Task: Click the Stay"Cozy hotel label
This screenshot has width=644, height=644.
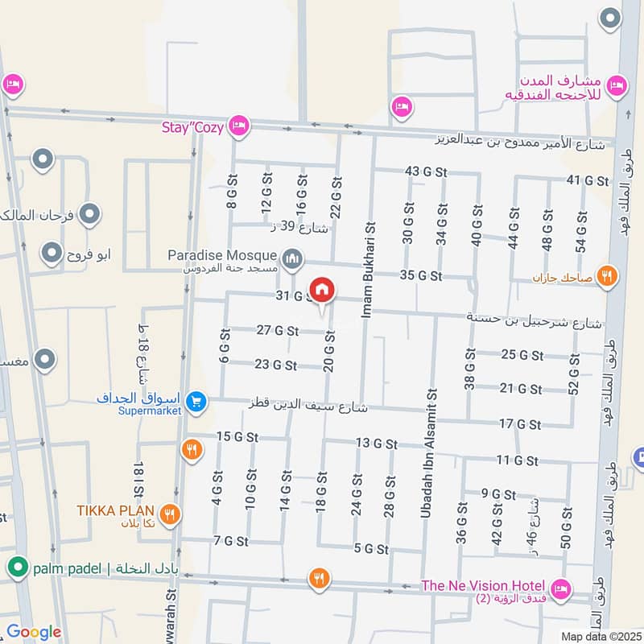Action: (193, 126)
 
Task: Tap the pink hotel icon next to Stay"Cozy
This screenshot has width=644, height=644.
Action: (238, 126)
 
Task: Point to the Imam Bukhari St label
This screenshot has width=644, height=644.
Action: (369, 270)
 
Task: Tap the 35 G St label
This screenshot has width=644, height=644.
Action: (420, 275)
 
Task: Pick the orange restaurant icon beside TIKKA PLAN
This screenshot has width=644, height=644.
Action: (169, 514)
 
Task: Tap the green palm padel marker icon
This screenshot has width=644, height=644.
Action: (16, 569)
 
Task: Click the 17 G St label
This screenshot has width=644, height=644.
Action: (518, 423)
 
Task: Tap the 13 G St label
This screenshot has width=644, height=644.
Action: (376, 443)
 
